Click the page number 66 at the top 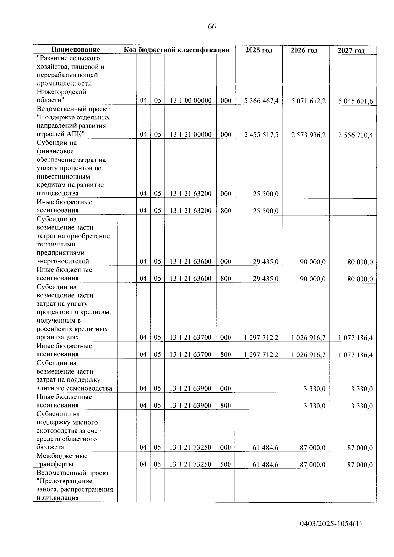212,27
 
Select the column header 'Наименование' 76,50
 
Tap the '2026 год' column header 304,50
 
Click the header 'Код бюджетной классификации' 176,50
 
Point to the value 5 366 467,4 261,101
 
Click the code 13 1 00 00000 190,101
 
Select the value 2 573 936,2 308,135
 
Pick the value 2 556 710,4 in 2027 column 356,135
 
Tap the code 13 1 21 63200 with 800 190,211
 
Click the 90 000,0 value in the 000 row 313,262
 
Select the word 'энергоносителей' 63,261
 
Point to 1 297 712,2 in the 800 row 261,354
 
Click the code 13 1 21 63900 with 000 190,389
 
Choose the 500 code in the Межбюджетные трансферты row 226,464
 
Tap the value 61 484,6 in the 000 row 266,448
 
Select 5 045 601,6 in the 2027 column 356,101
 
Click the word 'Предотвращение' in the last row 66,481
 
